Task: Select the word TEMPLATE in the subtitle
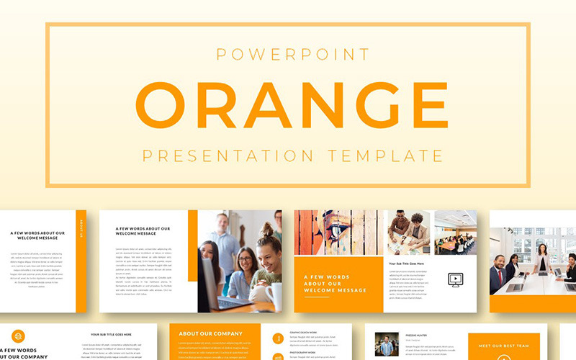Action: tap(386, 155)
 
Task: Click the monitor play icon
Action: tap(454, 279)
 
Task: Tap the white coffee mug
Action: tap(274, 295)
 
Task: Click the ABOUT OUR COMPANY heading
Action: tap(210, 334)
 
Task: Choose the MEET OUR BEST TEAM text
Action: tap(504, 346)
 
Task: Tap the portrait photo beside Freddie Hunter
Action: tap(387, 343)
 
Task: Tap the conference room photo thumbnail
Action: tap(455, 233)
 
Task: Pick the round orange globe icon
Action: tap(17, 336)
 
